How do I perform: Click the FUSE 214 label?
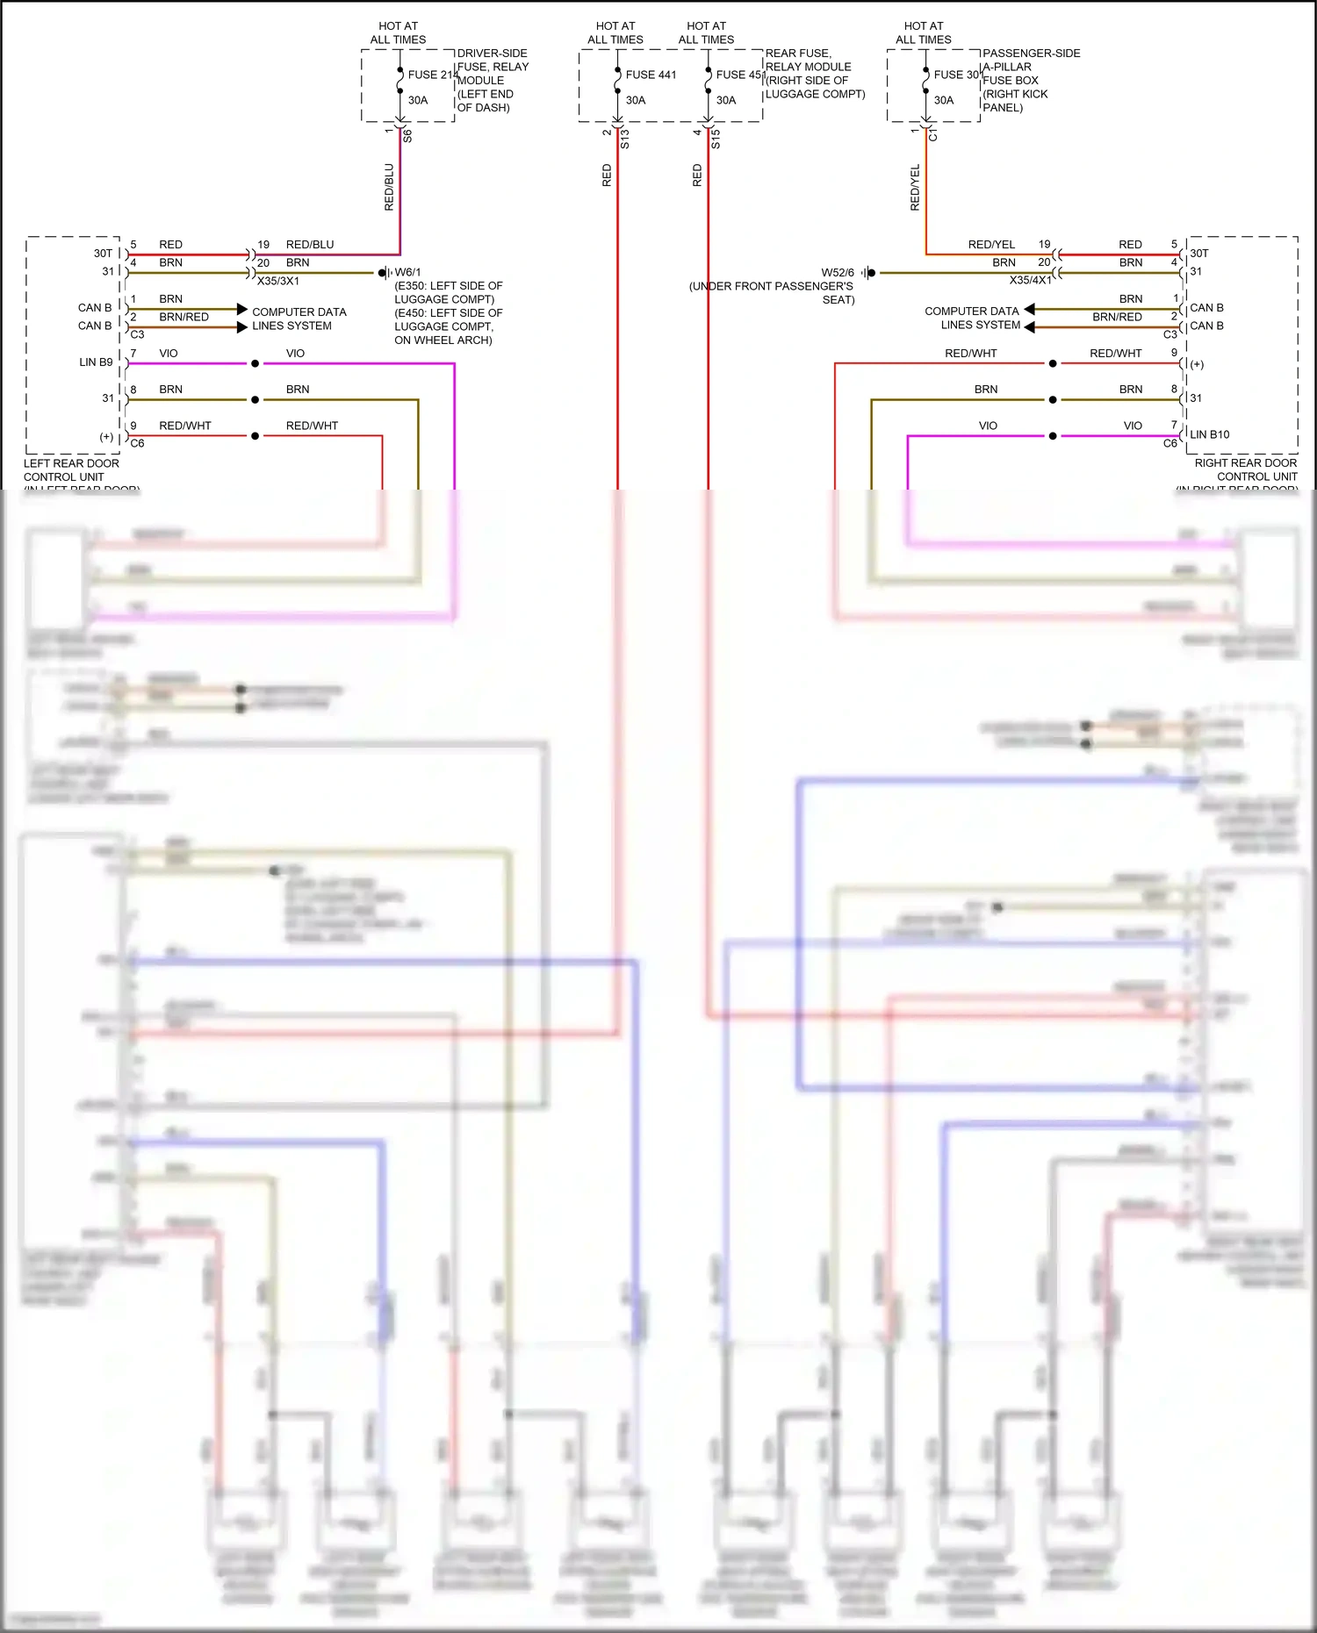click(x=432, y=75)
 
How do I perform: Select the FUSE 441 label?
click(x=651, y=75)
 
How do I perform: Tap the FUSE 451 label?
click(x=740, y=75)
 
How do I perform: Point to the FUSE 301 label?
click(x=957, y=75)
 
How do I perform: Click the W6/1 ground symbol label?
click(x=407, y=272)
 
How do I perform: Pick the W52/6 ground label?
click(x=838, y=272)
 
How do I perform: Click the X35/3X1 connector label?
click(x=278, y=281)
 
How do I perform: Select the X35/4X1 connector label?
click(x=1030, y=280)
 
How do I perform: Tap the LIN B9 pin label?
click(x=96, y=362)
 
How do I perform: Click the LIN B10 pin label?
click(x=1209, y=434)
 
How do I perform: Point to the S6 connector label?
click(x=407, y=136)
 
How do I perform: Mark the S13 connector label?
click(x=625, y=139)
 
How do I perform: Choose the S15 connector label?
click(x=716, y=139)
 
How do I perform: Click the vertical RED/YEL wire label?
click(x=915, y=187)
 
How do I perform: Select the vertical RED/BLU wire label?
click(x=389, y=187)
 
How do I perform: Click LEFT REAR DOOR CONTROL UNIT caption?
click(x=71, y=470)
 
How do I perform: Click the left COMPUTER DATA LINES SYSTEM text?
click(x=299, y=319)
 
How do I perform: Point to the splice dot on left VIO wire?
click(x=255, y=363)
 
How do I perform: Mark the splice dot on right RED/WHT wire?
click(x=1052, y=363)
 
